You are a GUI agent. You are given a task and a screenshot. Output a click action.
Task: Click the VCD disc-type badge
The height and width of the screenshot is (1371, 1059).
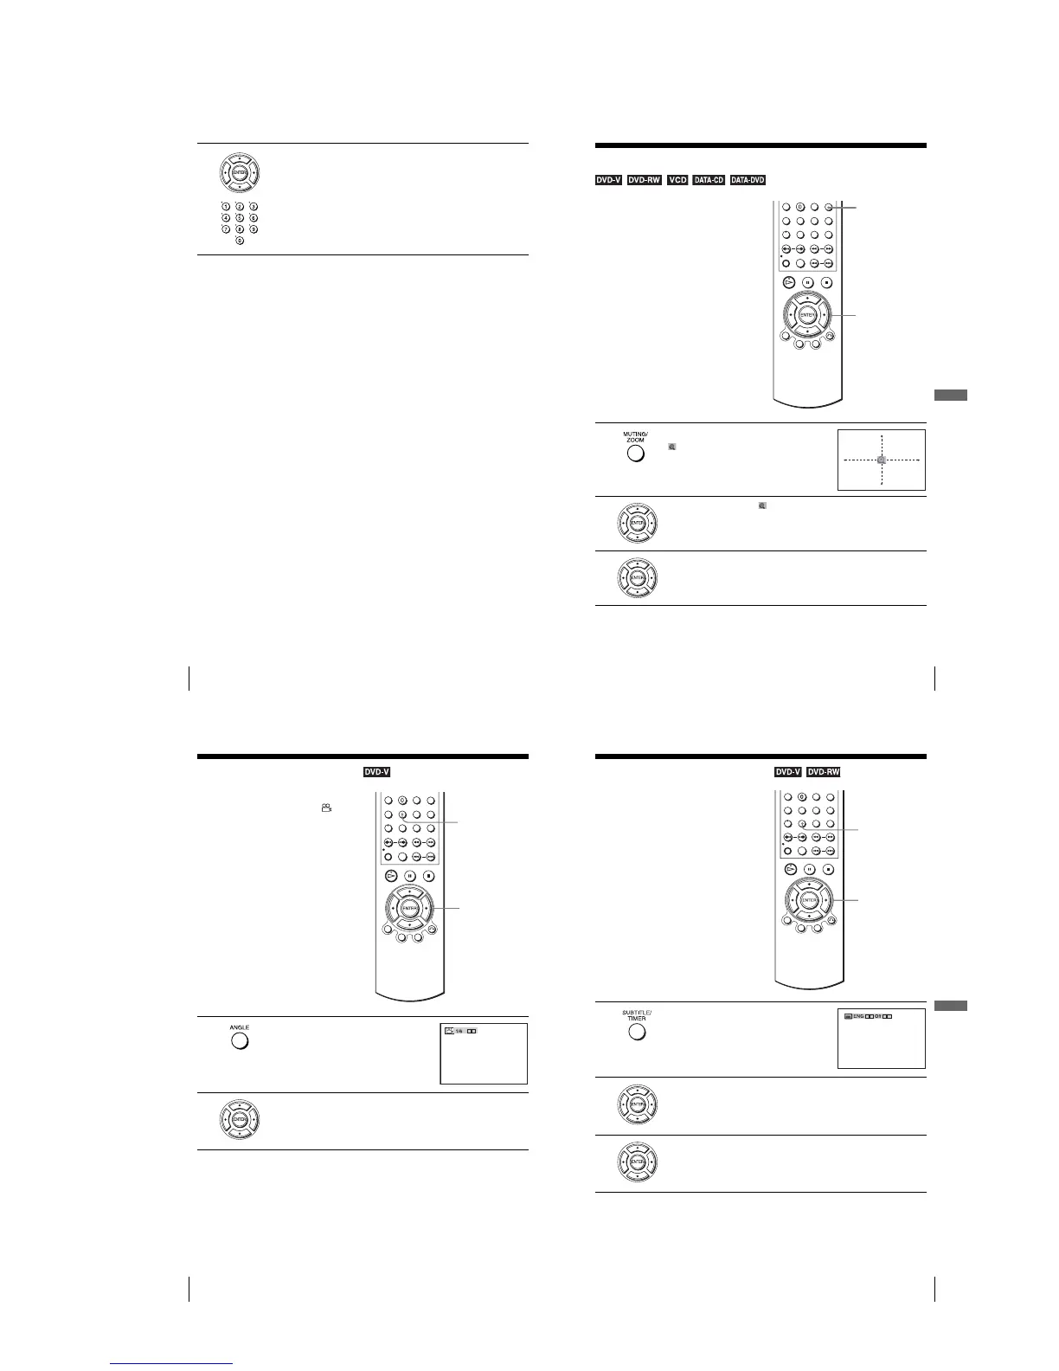pyautogui.click(x=677, y=180)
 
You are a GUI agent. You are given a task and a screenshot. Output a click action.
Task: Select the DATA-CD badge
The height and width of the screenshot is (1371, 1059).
pyautogui.click(x=709, y=180)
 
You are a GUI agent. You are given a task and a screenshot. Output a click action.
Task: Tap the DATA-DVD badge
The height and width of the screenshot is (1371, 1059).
pyautogui.click(x=748, y=180)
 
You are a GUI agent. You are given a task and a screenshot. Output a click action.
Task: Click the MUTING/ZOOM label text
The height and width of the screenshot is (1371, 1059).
pyautogui.click(x=636, y=437)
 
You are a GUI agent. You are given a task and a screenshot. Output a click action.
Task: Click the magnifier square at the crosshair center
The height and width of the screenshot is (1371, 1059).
pyautogui.click(x=881, y=460)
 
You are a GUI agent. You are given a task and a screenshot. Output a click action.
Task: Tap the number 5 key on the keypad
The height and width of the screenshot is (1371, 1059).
pyautogui.click(x=240, y=218)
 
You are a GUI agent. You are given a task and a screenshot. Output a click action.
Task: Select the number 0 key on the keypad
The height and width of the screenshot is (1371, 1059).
pyautogui.click(x=240, y=241)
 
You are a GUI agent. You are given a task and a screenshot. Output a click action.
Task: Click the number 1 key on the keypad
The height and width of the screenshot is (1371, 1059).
pyautogui.click(x=226, y=207)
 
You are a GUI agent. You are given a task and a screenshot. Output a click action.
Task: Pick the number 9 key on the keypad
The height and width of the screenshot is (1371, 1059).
pyautogui.click(x=254, y=229)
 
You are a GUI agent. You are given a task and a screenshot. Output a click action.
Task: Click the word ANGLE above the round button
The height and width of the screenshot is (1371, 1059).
pyautogui.click(x=240, y=1027)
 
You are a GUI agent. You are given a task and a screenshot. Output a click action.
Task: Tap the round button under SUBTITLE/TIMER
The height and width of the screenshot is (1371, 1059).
pyautogui.click(x=636, y=1032)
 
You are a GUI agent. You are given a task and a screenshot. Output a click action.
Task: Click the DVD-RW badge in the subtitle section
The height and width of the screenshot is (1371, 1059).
pyautogui.click(x=823, y=772)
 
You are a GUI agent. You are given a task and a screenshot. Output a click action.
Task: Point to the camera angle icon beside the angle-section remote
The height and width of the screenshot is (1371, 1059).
pyautogui.click(x=326, y=808)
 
